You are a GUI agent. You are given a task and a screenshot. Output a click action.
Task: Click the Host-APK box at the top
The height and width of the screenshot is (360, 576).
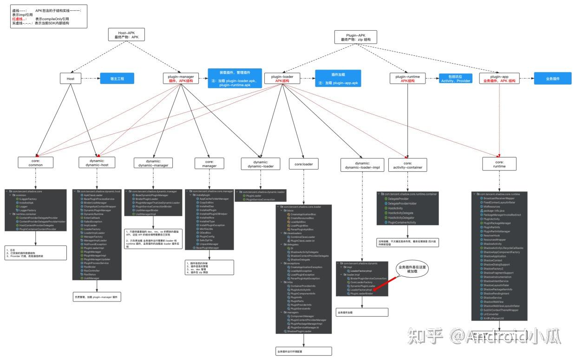(x=126, y=35)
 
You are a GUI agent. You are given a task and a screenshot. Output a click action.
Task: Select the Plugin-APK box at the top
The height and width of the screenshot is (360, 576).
(x=355, y=37)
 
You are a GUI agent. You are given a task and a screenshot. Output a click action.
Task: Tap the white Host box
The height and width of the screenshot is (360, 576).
(x=71, y=79)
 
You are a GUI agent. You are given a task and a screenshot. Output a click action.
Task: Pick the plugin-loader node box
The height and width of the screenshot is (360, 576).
(x=282, y=79)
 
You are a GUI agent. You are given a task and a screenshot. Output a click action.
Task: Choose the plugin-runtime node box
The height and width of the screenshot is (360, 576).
(x=407, y=79)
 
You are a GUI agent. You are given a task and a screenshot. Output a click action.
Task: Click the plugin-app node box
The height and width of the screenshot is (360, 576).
(x=499, y=79)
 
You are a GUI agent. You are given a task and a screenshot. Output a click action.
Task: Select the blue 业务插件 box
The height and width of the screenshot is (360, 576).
(x=552, y=79)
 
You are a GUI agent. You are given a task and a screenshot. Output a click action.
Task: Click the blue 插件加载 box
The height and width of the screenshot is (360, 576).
(x=338, y=79)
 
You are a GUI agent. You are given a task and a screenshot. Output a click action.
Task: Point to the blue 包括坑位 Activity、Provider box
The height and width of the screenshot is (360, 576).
(x=456, y=79)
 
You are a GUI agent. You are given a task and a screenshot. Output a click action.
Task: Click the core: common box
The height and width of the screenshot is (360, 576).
(x=36, y=162)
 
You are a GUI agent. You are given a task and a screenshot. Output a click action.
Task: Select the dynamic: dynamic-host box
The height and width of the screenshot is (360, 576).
(x=97, y=162)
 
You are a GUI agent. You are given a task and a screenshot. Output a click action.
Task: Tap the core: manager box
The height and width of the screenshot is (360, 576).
(x=209, y=164)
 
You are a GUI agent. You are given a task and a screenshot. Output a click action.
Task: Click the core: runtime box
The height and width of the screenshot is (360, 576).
(x=499, y=164)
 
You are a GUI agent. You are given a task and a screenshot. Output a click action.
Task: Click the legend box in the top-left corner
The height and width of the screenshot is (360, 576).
(x=48, y=17)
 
